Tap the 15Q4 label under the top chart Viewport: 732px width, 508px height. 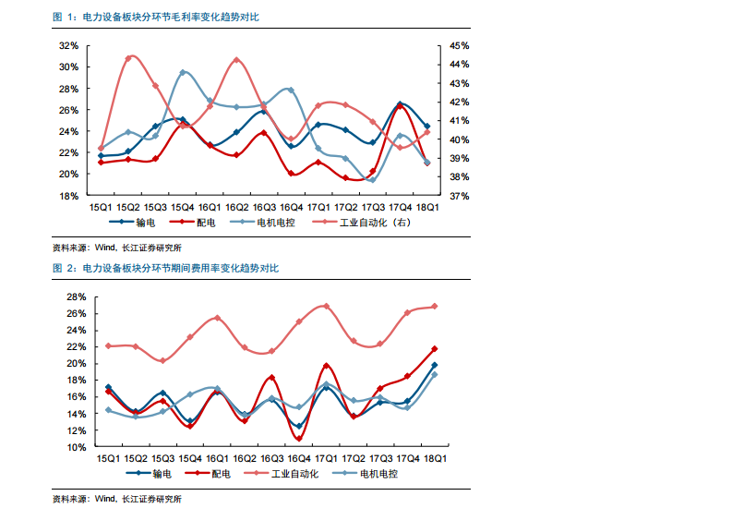pos(181,207)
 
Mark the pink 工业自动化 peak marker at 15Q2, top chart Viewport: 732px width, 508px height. pos(128,58)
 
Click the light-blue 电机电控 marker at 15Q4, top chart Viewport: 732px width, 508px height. pos(183,72)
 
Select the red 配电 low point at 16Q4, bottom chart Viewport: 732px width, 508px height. pos(299,438)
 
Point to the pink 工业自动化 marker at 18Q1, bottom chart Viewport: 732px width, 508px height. pos(434,307)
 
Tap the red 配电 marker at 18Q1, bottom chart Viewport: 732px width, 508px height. pos(434,349)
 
